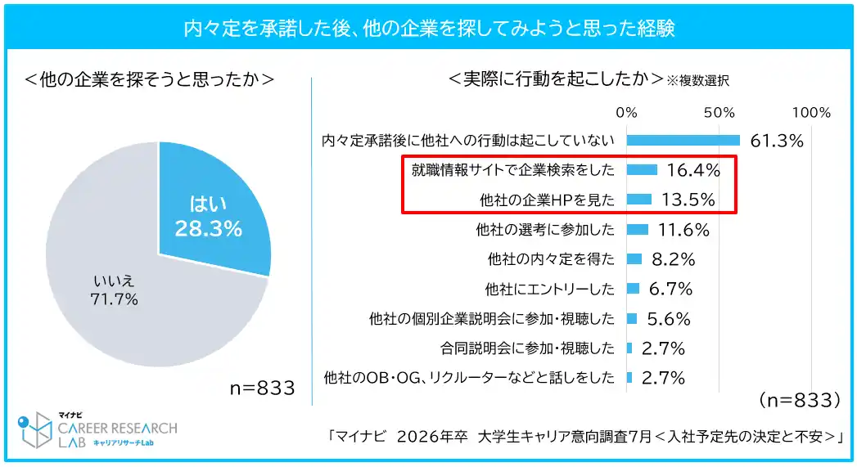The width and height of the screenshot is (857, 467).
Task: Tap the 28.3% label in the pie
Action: point(208,229)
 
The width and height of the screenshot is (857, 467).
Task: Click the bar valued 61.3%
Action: point(683,140)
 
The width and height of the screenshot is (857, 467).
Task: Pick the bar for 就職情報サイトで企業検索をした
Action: point(642,169)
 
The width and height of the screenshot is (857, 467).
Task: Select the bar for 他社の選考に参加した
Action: point(638,229)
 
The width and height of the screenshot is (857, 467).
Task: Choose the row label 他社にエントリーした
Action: point(548,289)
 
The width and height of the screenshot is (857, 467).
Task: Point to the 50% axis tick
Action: point(719,112)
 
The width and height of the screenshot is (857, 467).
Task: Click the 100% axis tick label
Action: point(811,112)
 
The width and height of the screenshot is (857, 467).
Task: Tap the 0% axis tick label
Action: point(626,112)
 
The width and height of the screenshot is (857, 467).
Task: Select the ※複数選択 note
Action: point(697,80)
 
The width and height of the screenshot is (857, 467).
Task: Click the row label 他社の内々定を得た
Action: point(550,259)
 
